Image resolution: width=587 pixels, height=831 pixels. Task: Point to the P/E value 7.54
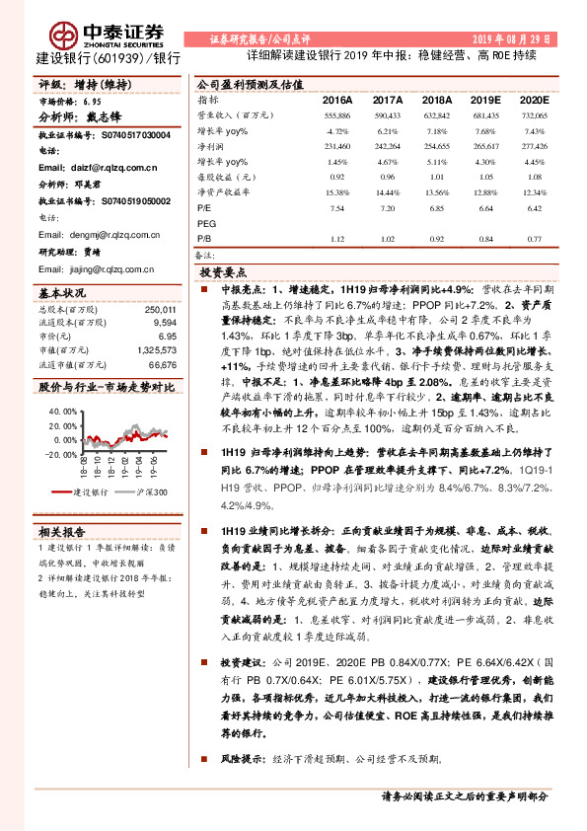tap(337, 209)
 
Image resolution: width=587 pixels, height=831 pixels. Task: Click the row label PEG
tap(206, 224)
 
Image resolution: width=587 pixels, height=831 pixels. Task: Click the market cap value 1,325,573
tap(156, 349)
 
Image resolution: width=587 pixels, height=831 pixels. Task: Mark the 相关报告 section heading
tap(63, 532)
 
